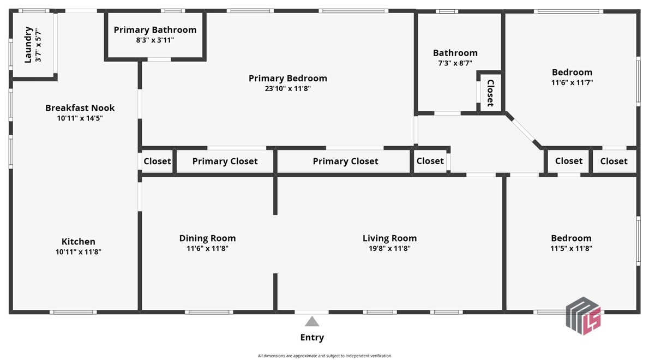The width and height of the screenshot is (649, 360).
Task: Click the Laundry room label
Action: tap(28, 45)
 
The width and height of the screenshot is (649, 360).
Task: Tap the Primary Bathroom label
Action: tap(155, 30)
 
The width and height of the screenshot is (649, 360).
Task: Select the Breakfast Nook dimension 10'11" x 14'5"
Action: tap(80, 118)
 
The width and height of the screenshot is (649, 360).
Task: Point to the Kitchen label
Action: tap(78, 242)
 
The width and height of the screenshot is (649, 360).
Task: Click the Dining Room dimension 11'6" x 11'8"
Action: tap(207, 249)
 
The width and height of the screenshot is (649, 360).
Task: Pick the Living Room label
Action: tap(389, 238)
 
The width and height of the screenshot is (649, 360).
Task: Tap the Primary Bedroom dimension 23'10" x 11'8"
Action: tap(287, 88)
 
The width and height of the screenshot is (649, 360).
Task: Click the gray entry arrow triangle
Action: tap(312, 321)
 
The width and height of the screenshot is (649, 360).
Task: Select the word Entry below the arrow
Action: tap(312, 338)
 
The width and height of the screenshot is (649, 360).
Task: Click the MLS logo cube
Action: tap(583, 315)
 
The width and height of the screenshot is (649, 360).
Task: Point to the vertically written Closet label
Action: tap(490, 93)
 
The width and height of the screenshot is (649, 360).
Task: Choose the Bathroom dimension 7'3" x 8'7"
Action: tap(455, 63)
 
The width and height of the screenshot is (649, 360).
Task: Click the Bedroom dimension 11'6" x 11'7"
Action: tap(572, 83)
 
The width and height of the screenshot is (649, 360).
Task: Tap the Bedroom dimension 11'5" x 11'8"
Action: tap(571, 249)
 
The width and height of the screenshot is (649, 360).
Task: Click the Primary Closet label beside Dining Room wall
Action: tap(225, 161)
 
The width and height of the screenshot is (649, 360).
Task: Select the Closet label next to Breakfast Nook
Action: tap(157, 161)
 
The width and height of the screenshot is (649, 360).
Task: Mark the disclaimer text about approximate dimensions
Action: tap(324, 356)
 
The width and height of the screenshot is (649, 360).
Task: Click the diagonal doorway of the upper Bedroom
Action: tap(523, 130)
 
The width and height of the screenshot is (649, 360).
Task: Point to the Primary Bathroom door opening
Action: tap(159, 59)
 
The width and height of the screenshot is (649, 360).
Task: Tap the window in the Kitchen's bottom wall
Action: tap(73, 312)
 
